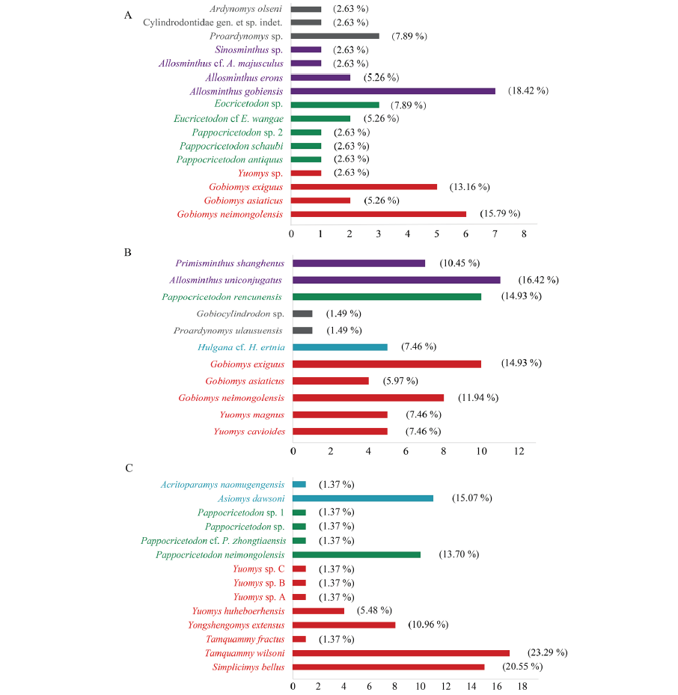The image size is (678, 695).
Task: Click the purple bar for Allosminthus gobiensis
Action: tap(393, 91)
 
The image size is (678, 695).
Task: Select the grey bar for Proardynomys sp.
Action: tap(335, 36)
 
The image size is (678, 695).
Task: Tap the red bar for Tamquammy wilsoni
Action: tap(401, 653)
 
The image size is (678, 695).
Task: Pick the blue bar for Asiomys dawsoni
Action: tap(363, 498)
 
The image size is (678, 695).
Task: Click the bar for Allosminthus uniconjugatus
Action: tap(397, 280)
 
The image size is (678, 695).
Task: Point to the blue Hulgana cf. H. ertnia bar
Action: tap(340, 347)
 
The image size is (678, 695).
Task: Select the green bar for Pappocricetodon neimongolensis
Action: tap(356, 554)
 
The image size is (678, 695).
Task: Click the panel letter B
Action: tap(128, 253)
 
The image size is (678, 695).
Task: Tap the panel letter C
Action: tap(129, 468)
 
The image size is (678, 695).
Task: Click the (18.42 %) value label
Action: tap(528, 91)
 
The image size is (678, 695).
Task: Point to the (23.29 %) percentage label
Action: tap(547, 652)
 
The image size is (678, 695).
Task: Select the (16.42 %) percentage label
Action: tap(538, 280)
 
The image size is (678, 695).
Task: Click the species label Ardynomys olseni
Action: tap(245, 9)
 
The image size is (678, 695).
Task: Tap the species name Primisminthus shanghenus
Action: tap(230, 263)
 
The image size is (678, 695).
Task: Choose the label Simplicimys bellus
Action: tap(248, 667)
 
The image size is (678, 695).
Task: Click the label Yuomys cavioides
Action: tap(249, 431)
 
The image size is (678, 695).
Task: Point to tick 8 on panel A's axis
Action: tap(524, 233)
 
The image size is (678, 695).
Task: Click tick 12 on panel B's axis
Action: tap(519, 451)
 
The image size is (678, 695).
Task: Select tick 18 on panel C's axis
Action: tap(522, 686)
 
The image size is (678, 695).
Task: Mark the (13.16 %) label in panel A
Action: tap(470, 187)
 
